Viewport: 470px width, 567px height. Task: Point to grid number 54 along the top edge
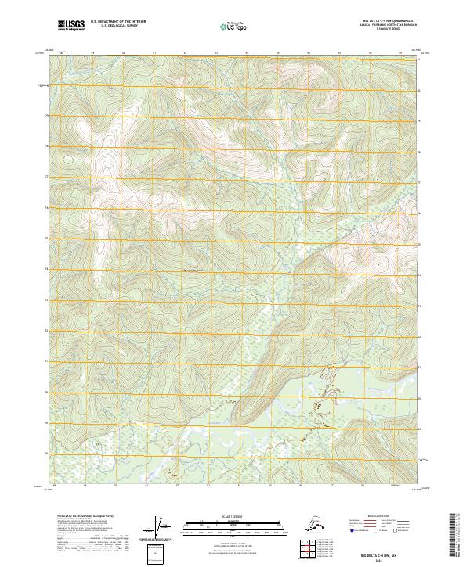coord(248,52)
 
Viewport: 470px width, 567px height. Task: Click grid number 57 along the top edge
coord(339,52)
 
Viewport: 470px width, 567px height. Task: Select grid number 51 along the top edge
coord(154,52)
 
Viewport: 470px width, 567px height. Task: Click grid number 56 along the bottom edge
coord(309,484)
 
